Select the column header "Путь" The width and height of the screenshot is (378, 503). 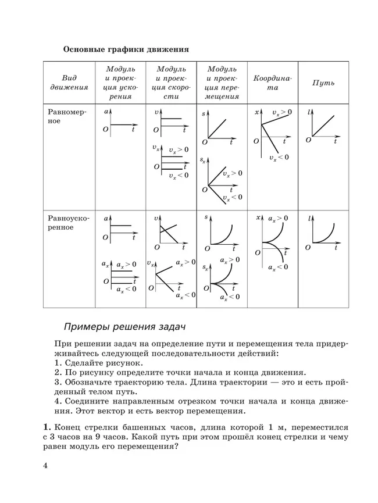pos(323,83)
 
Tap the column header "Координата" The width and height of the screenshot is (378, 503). pos(273,83)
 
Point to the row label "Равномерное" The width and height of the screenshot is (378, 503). pos(65,118)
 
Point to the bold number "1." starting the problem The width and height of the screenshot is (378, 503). pos(48,426)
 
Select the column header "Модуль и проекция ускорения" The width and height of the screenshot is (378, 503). pos(120,83)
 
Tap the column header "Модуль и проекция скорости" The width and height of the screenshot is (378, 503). pos(171,83)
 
